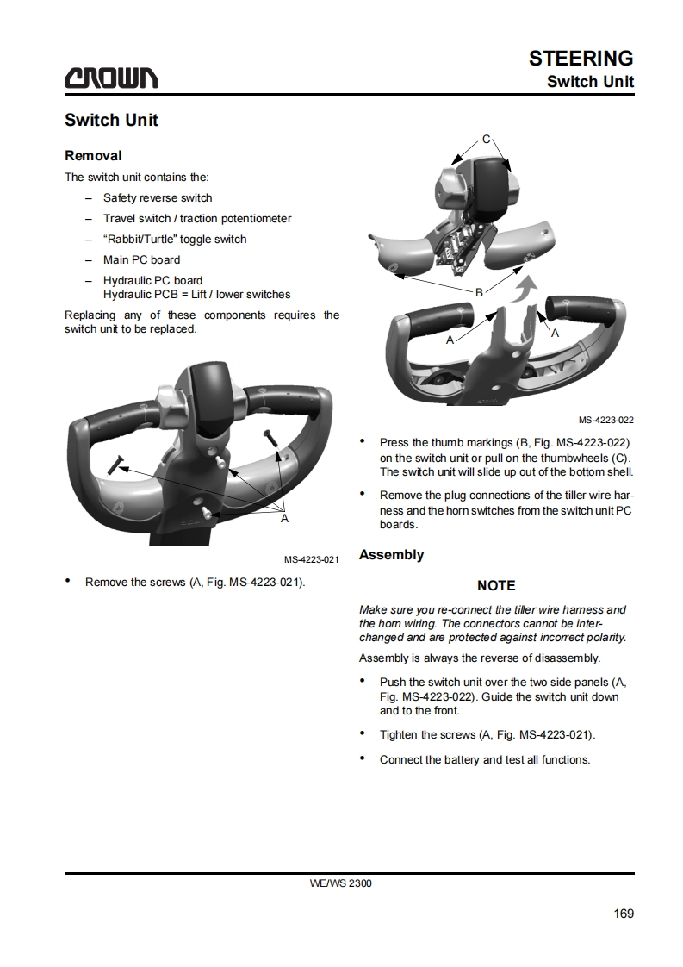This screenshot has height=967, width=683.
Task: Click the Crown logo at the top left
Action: tap(110, 78)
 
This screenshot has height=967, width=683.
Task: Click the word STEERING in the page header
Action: tap(581, 58)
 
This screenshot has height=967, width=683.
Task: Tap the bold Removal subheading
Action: tap(93, 156)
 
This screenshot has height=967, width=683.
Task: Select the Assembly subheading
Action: tap(391, 555)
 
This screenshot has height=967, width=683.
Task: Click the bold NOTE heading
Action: tap(496, 586)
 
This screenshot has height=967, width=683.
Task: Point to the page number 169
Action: tap(624, 914)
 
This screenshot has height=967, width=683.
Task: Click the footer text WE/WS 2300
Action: tap(341, 883)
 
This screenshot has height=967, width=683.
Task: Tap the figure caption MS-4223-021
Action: tap(311, 559)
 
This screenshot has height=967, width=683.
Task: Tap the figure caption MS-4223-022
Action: tap(605, 420)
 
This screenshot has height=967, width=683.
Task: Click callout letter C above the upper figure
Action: tap(486, 140)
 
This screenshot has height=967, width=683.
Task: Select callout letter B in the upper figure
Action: tap(479, 291)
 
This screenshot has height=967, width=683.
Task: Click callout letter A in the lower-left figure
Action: tap(284, 519)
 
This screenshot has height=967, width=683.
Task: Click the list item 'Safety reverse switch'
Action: tap(158, 198)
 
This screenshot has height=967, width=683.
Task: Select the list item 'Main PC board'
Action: tap(141, 259)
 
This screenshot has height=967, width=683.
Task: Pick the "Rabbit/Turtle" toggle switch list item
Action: tap(175, 240)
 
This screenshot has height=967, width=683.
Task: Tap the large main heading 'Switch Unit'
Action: tap(112, 120)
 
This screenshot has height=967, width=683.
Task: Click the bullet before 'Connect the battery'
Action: tap(363, 759)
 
